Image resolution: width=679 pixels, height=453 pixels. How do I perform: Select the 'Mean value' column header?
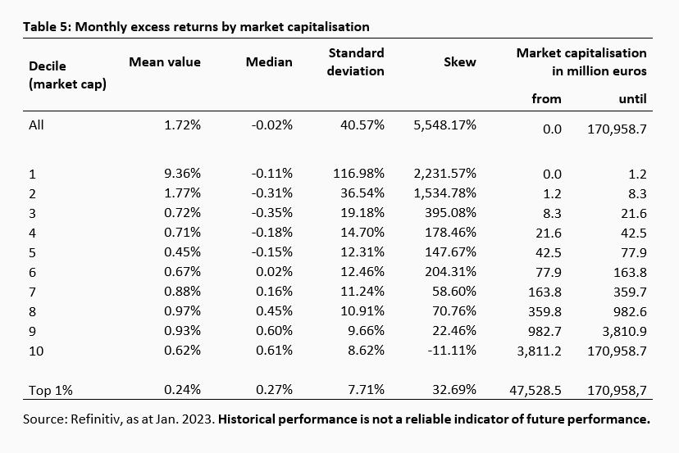tap(164, 62)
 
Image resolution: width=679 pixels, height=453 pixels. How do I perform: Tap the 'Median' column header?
tap(269, 62)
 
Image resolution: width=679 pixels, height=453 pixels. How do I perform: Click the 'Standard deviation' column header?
tap(356, 61)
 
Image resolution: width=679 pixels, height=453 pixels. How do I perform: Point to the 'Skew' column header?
tap(459, 62)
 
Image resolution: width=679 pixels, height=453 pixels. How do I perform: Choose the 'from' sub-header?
tap(547, 98)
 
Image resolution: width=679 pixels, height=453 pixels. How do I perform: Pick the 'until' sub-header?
tap(631, 98)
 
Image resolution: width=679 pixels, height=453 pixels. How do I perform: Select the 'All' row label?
tap(36, 125)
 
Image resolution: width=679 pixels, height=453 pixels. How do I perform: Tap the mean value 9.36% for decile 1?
tap(183, 174)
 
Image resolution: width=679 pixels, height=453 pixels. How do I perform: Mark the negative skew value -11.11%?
tap(450, 351)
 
